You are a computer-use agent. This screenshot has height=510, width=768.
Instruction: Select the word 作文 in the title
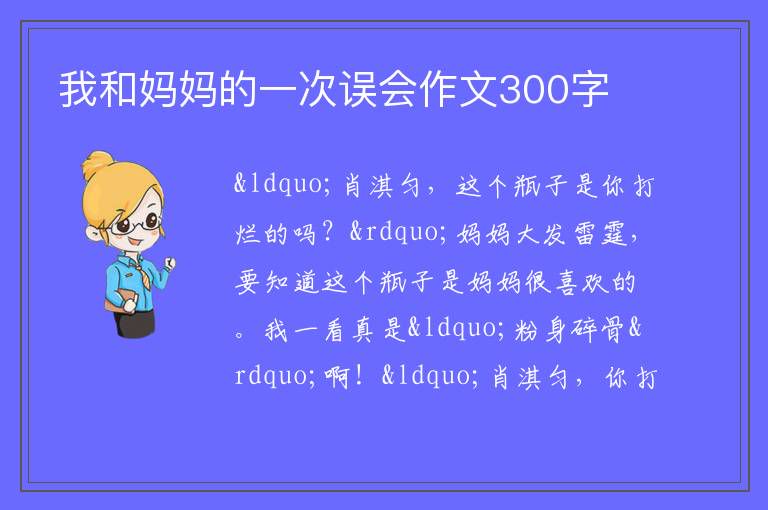click(458, 89)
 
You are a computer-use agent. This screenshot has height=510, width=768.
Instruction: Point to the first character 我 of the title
click(78, 89)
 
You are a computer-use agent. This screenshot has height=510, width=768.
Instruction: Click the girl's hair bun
click(98, 163)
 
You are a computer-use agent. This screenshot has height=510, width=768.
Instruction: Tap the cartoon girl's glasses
click(136, 224)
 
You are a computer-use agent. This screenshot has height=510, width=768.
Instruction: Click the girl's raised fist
click(170, 263)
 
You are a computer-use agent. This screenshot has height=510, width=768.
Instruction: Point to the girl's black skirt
click(135, 323)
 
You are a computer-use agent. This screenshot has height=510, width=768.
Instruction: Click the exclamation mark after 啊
click(360, 376)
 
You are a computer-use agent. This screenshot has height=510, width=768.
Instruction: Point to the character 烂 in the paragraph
click(247, 233)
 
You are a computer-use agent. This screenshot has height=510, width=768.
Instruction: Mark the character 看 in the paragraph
click(334, 329)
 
